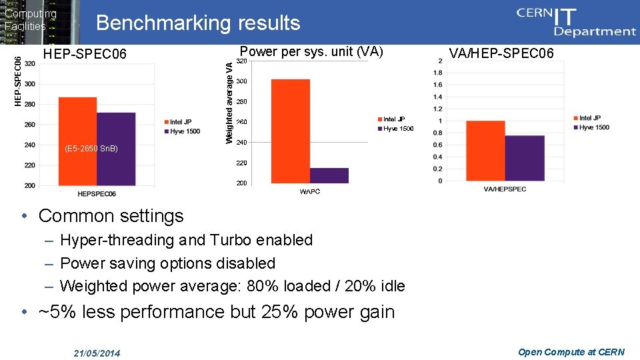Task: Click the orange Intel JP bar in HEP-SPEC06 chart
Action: tap(77, 141)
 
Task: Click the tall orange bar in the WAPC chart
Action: tap(291, 131)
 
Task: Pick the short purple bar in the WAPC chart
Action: tap(329, 175)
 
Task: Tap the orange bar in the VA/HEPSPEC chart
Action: tap(485, 151)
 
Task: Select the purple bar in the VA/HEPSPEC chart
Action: tap(525, 158)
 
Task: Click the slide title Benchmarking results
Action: tap(198, 23)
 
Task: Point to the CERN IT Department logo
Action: tap(576, 21)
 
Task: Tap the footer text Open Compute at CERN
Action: tap(571, 352)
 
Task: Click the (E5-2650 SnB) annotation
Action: tap(91, 148)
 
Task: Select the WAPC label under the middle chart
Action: tap(309, 192)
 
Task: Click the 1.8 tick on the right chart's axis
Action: tap(437, 73)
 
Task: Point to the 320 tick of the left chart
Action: tap(30, 64)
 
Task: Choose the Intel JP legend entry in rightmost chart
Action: tap(589, 119)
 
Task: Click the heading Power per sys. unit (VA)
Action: tap(311, 51)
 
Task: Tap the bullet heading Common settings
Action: tap(111, 216)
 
